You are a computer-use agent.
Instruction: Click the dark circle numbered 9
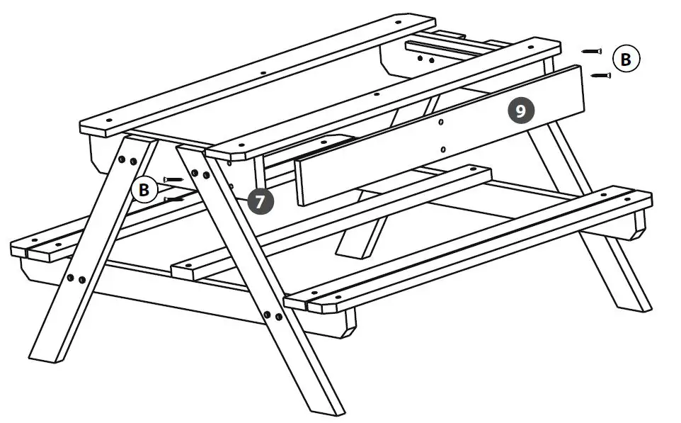[520, 111]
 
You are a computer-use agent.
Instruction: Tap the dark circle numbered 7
[260, 201]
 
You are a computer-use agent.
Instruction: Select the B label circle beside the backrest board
[625, 60]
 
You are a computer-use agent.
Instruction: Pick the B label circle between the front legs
[144, 190]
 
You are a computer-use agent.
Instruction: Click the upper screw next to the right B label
[591, 51]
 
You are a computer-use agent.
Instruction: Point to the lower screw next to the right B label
[600, 74]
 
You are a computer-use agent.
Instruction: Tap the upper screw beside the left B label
[173, 179]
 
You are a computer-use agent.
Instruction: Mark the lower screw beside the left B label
[174, 200]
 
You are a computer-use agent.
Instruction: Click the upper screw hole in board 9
[441, 123]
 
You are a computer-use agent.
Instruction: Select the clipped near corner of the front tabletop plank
[212, 152]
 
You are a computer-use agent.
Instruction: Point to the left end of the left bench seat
[17, 249]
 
